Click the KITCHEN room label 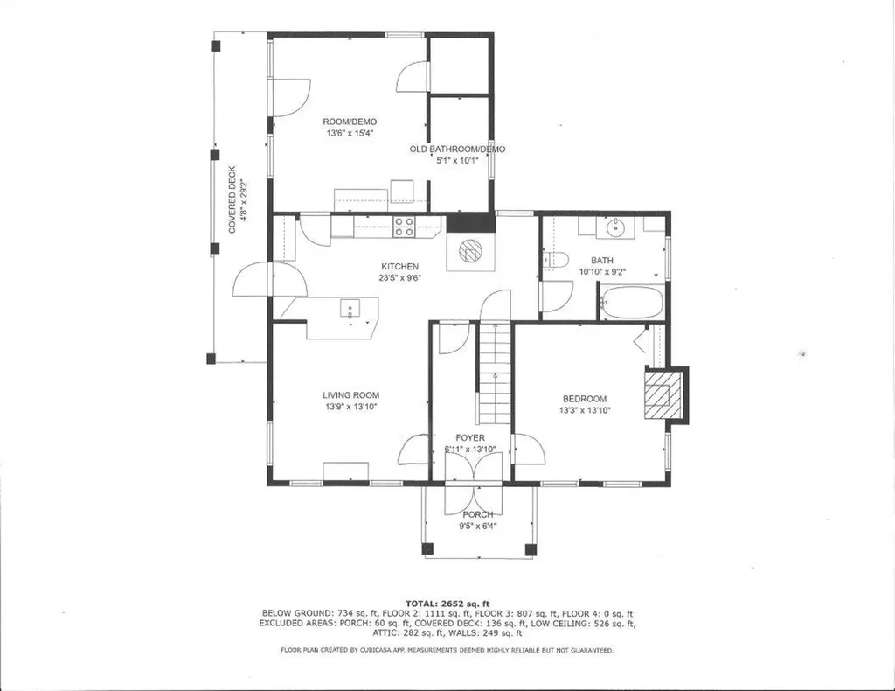click(x=399, y=267)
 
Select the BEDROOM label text click(x=583, y=399)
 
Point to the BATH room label click(x=602, y=261)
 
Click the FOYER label click(x=470, y=438)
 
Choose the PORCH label click(x=478, y=514)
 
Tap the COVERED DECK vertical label click(x=233, y=200)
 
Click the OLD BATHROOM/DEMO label click(x=457, y=150)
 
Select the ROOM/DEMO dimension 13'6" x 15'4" click(x=350, y=134)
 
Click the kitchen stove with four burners click(x=404, y=227)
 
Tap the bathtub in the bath click(x=631, y=302)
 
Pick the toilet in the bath click(x=556, y=260)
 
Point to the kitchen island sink click(x=350, y=307)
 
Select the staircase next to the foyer click(x=495, y=372)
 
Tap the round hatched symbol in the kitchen click(x=471, y=252)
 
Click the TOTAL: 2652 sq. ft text click(x=447, y=603)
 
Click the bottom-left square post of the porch click(x=427, y=549)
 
